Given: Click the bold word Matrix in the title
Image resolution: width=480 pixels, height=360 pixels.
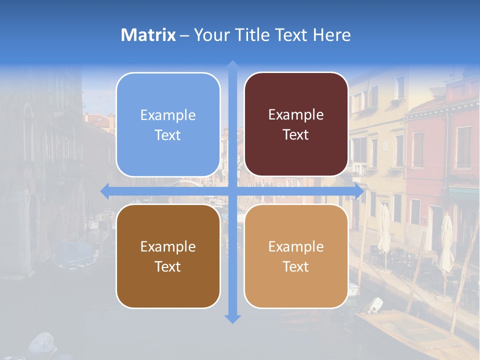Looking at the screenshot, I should point(148,35).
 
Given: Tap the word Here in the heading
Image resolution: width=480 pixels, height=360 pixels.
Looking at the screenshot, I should point(331,35).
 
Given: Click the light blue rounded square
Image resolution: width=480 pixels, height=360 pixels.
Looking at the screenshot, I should point(168,124).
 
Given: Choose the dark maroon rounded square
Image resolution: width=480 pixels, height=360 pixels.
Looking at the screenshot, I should point(296,124).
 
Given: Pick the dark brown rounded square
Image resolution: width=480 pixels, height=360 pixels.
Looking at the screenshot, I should point(168,256).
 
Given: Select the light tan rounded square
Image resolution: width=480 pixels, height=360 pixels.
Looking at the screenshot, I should point(296,256).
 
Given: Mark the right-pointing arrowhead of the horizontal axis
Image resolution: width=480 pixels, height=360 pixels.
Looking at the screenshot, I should point(358,190).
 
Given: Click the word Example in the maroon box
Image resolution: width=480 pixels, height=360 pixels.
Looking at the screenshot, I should point(296,114).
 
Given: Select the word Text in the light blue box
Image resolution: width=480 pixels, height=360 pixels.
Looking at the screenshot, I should point(168,135).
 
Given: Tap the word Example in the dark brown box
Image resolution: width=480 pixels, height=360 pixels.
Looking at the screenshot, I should point(168,246).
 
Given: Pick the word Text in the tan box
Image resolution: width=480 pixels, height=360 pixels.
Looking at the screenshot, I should point(296,266).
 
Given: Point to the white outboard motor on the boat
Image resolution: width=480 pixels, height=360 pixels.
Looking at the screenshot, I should point(374,304).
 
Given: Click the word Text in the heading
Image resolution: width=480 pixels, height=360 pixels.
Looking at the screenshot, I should point(290,35).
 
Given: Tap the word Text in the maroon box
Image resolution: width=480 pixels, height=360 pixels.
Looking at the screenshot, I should point(296,135).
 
